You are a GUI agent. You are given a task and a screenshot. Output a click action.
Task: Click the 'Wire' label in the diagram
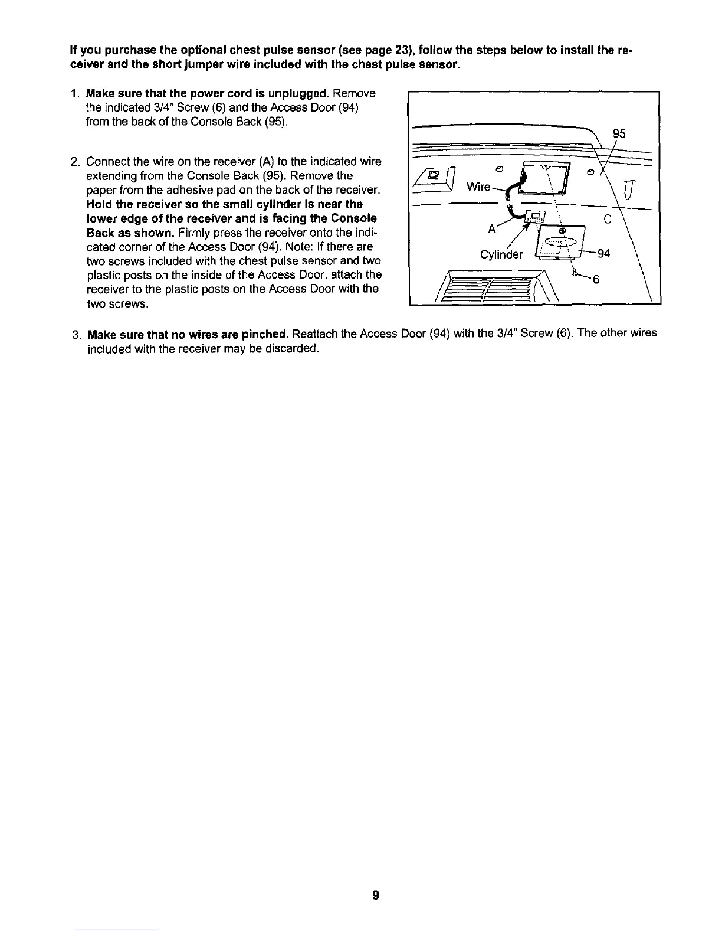click(x=478, y=187)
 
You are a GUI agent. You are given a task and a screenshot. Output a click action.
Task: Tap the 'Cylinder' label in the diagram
click(x=501, y=254)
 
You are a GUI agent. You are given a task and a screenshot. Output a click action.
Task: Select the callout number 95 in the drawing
click(x=619, y=134)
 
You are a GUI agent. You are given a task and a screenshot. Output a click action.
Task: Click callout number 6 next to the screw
click(x=596, y=280)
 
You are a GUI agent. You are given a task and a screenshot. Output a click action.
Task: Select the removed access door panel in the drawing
click(x=559, y=242)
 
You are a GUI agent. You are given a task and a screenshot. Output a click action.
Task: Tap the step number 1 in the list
click(x=73, y=94)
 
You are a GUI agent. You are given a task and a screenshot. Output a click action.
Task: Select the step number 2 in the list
click(x=73, y=162)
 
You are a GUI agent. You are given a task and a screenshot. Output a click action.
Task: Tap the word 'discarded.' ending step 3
click(x=295, y=348)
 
